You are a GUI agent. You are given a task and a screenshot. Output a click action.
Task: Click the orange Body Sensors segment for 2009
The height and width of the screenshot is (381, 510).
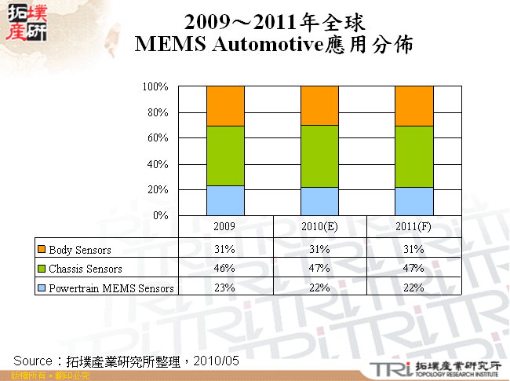225,105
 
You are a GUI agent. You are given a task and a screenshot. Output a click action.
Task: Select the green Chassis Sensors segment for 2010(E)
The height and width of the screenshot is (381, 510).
319,156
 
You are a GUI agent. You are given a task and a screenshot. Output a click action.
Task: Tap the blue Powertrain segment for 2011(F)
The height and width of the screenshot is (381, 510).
413,201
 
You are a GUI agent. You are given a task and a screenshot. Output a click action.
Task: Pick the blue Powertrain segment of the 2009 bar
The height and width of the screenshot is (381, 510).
225,200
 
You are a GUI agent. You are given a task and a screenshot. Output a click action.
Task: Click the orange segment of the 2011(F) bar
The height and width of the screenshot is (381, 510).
413,105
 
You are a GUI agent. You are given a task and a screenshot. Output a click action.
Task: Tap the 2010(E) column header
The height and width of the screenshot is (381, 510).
319,226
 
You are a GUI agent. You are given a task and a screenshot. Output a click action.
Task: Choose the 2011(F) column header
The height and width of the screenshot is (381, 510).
413,226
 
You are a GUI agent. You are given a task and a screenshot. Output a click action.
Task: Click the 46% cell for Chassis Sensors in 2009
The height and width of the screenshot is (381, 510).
225,269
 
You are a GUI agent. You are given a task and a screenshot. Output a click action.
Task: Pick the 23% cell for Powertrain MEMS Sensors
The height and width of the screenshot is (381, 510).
225,288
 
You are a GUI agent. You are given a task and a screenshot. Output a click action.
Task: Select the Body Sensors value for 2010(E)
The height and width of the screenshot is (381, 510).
319,250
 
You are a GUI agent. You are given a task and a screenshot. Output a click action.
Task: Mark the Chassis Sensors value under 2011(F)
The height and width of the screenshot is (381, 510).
413,269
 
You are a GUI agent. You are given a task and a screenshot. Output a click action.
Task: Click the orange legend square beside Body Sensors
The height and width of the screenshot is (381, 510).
42,250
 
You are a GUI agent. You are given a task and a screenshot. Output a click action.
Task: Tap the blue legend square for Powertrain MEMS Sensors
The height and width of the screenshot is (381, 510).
42,288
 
